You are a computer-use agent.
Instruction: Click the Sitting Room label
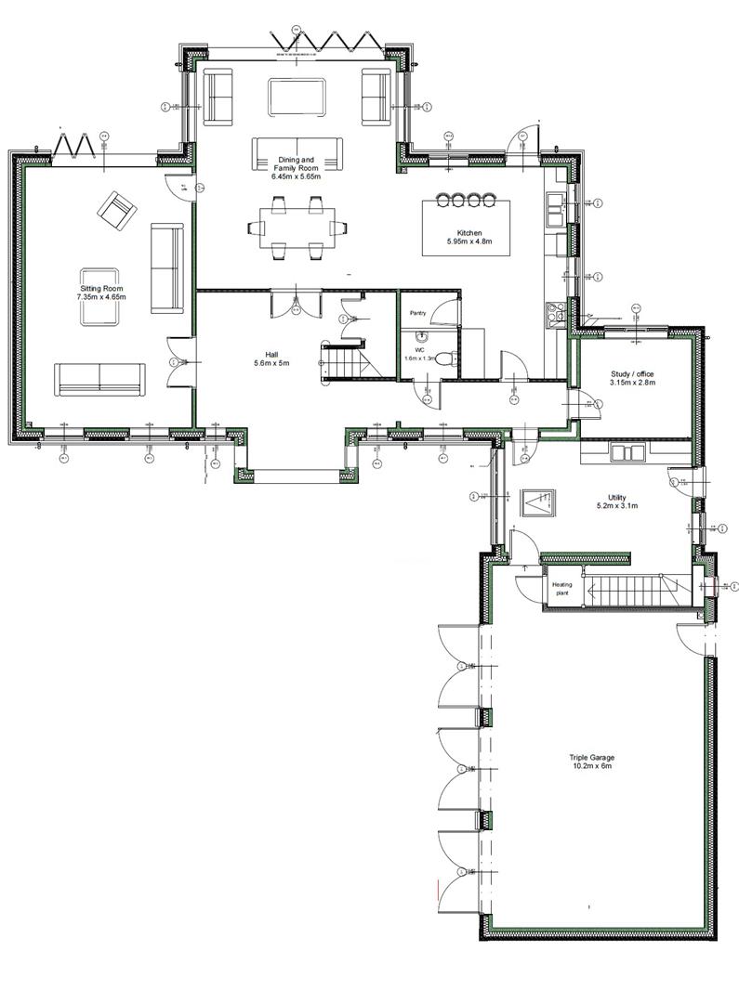101,289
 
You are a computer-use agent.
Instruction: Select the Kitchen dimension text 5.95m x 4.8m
468,241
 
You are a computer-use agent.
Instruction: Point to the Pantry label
417,313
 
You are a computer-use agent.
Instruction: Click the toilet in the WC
445,359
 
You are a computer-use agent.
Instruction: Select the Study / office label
632,374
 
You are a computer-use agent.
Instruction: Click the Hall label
271,354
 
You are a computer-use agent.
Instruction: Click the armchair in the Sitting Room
117,210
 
